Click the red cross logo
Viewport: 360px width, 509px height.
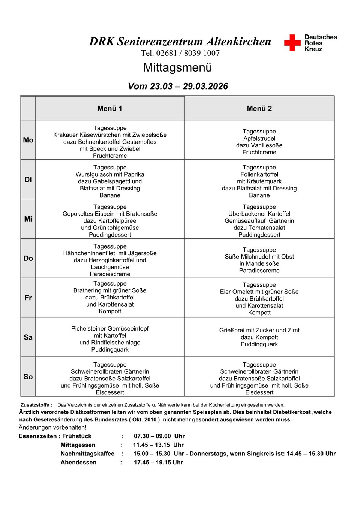tap(292, 43)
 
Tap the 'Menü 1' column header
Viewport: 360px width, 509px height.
tap(110, 108)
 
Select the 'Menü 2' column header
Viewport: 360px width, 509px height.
tap(259, 108)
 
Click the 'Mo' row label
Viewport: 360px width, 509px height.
tap(28, 140)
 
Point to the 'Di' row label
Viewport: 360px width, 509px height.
tap(28, 180)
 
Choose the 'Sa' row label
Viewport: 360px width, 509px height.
tap(28, 337)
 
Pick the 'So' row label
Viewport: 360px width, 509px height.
tap(28, 377)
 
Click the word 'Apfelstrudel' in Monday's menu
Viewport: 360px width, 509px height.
tap(259, 138)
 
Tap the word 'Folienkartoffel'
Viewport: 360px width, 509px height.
tap(259, 174)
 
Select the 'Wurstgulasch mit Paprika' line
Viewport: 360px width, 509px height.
tap(110, 174)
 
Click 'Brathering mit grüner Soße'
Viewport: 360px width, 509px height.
tap(110, 290)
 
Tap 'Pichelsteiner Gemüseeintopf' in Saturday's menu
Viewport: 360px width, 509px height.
tap(110, 329)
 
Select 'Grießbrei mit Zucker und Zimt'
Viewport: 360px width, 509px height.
tap(259, 330)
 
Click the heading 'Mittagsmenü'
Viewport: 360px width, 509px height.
tap(177, 67)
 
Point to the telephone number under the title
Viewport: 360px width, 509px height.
tap(180, 53)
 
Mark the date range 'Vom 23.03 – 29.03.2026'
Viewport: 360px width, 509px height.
tap(178, 86)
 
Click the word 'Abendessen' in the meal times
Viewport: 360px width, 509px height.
tap(78, 463)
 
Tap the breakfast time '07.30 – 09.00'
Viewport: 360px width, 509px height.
tap(152, 436)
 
